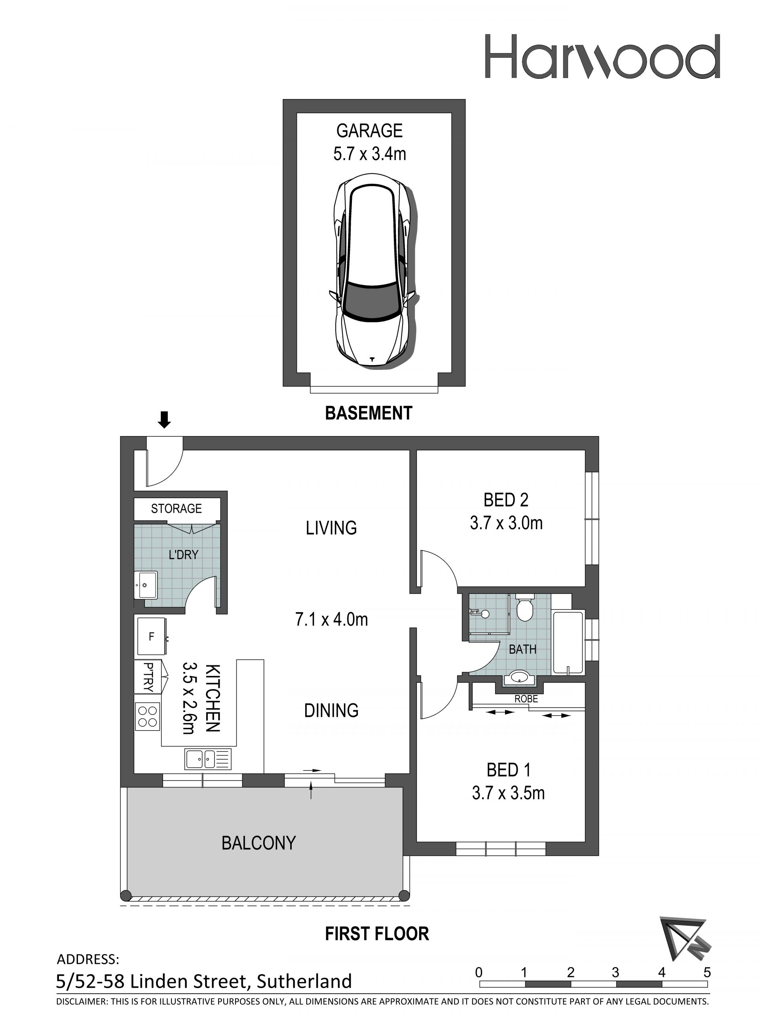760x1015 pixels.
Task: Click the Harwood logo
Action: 602,57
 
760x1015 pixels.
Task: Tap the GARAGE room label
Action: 369,131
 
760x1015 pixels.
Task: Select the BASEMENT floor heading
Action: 369,413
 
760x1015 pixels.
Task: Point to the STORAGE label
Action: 177,508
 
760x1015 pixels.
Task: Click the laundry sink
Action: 146,585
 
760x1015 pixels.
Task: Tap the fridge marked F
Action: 151,636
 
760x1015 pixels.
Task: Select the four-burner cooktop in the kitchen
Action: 148,716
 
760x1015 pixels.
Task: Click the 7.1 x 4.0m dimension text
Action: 332,619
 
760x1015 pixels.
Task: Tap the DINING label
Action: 331,710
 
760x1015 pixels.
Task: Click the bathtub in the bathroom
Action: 568,642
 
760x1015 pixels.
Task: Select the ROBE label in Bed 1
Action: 526,699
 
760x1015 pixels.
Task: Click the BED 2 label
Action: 506,500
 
